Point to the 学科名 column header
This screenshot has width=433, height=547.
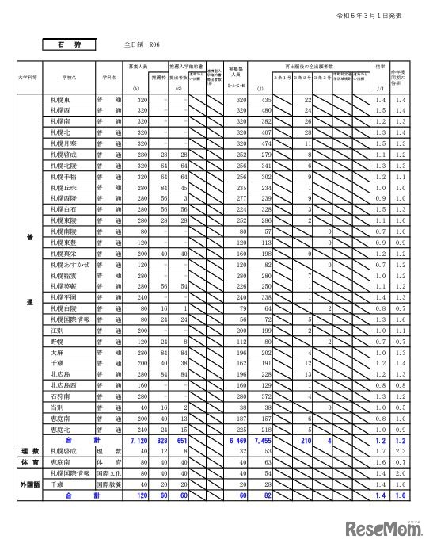point(108,78)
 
